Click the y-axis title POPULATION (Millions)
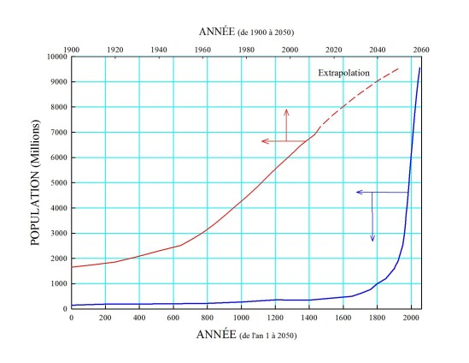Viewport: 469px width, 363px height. (x=37, y=183)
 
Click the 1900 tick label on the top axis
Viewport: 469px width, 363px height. (x=71, y=50)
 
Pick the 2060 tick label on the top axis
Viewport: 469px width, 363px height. (x=420, y=50)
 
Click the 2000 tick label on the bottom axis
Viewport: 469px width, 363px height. (x=410, y=318)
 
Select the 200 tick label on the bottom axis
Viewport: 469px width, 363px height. (x=105, y=318)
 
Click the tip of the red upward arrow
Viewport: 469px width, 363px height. (x=287, y=109)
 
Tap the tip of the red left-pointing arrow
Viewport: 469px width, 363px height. (x=262, y=141)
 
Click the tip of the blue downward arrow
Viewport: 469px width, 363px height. (x=372, y=242)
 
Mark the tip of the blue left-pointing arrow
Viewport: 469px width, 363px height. (x=356, y=193)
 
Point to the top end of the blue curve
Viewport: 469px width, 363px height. (x=419, y=68)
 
